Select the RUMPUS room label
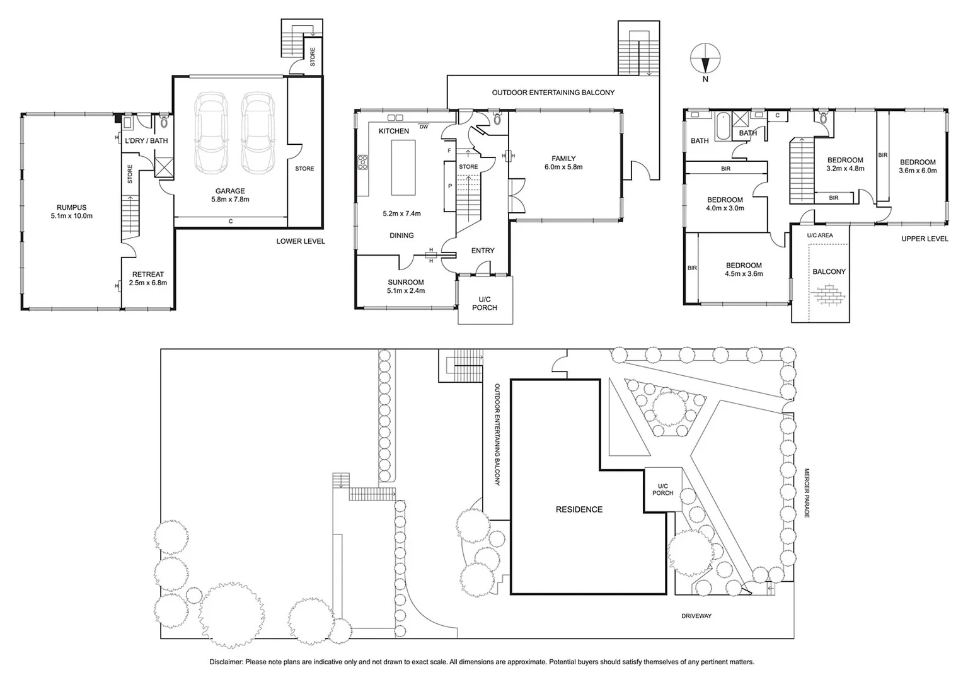[x=71, y=207]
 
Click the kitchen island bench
[x=403, y=167]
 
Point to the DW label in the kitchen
[x=424, y=127]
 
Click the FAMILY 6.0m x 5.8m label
[x=563, y=162]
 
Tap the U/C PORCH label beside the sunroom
[x=484, y=303]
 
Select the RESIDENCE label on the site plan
[x=579, y=509]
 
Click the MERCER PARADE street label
[x=806, y=492]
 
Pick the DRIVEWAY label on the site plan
[x=696, y=616]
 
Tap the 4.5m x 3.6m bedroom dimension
[x=744, y=274]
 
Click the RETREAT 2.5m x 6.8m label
[x=148, y=278]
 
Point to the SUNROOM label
[x=405, y=282]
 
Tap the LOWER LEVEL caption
[x=301, y=241]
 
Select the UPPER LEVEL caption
[x=924, y=239]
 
